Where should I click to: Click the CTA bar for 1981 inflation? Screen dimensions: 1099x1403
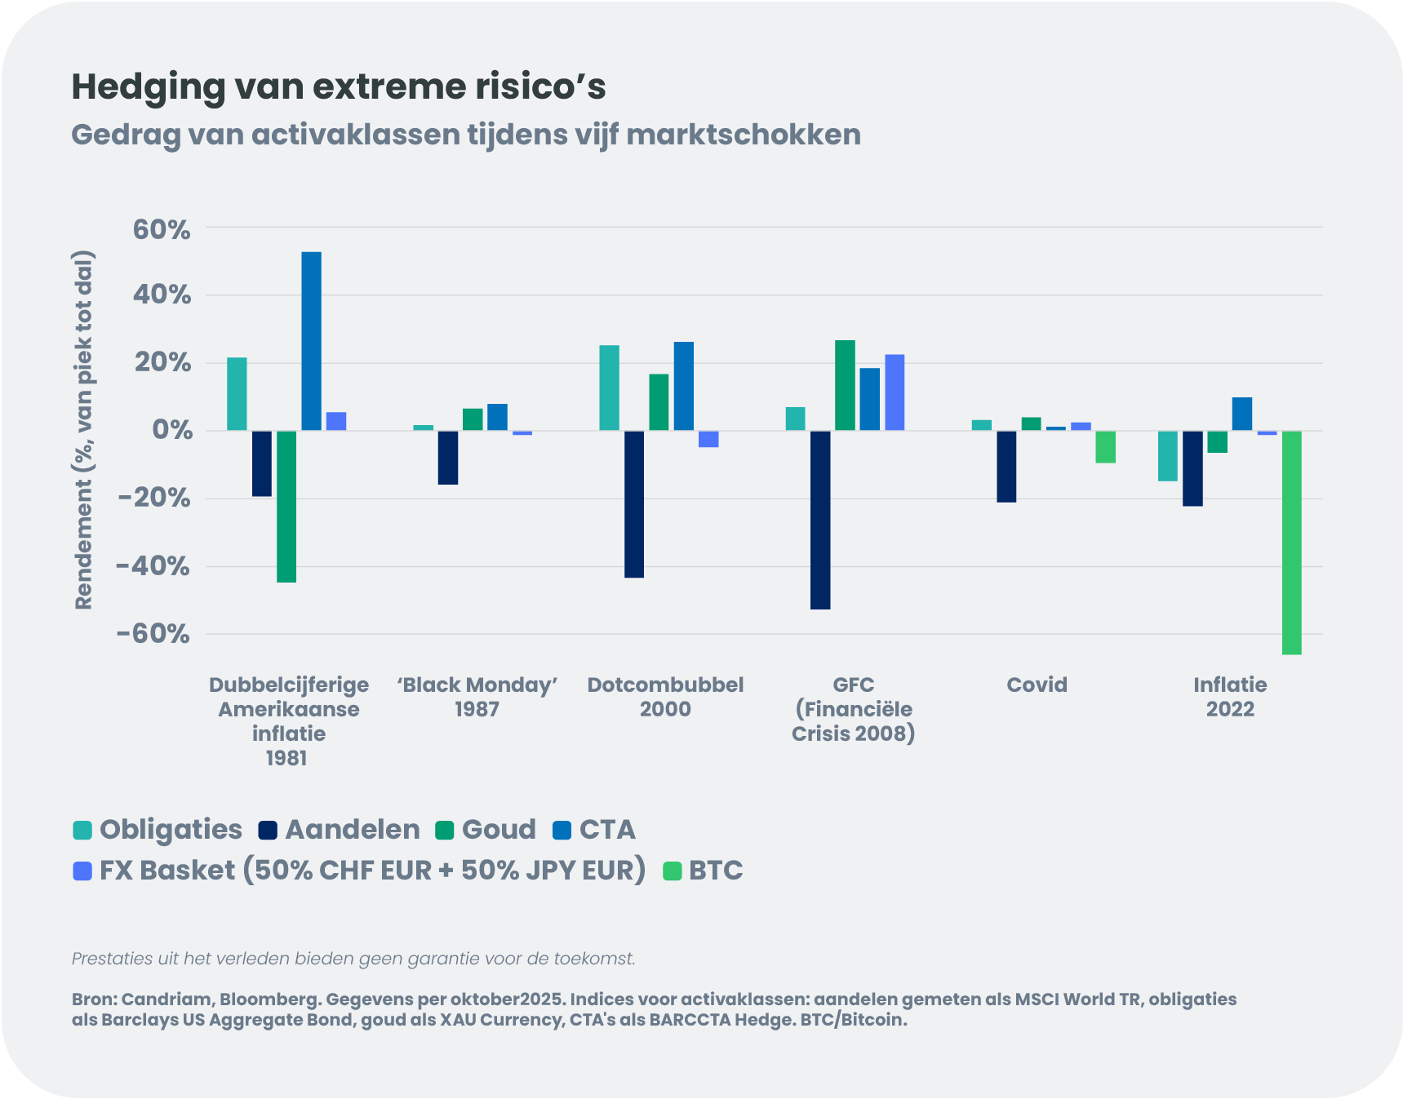311,341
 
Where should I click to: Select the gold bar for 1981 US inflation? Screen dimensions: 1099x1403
286,506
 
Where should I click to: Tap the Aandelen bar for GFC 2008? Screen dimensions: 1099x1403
820,520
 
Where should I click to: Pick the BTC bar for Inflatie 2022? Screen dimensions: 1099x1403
1291,543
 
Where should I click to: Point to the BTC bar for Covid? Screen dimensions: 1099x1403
1105,447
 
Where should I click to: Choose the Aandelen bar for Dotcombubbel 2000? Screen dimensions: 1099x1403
634,504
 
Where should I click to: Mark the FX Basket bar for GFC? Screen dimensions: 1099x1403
895,392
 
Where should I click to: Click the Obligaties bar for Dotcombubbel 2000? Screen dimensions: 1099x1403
609,388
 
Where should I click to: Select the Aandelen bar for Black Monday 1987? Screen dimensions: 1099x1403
448,458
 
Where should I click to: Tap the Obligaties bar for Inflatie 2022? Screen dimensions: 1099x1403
1168,456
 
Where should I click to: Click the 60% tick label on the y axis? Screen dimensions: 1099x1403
162,230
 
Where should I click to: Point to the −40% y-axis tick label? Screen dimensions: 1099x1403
153,566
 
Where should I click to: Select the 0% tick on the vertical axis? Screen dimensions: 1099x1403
171,430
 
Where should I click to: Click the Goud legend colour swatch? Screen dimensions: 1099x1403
445,831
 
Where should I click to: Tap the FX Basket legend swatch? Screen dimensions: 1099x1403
82,871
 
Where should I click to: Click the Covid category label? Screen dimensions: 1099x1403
1037,685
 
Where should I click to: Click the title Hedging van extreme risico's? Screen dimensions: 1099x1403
339,87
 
